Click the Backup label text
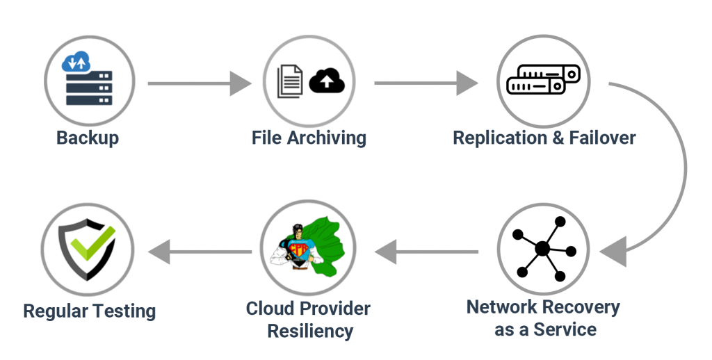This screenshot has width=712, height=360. (x=88, y=138)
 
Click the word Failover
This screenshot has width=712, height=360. (x=602, y=138)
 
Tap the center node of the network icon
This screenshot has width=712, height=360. (x=542, y=248)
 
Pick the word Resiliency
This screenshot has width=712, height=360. (x=308, y=331)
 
